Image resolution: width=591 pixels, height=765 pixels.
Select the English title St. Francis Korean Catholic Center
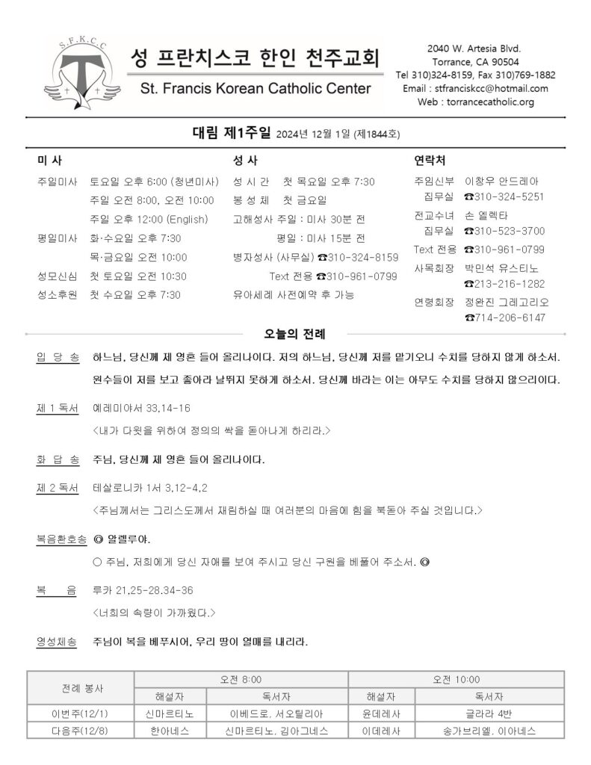click(x=255, y=89)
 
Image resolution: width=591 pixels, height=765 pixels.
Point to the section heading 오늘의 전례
click(x=294, y=332)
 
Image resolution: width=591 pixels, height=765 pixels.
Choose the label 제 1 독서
click(x=57, y=409)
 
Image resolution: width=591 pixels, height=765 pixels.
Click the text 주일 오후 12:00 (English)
click(x=144, y=219)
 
